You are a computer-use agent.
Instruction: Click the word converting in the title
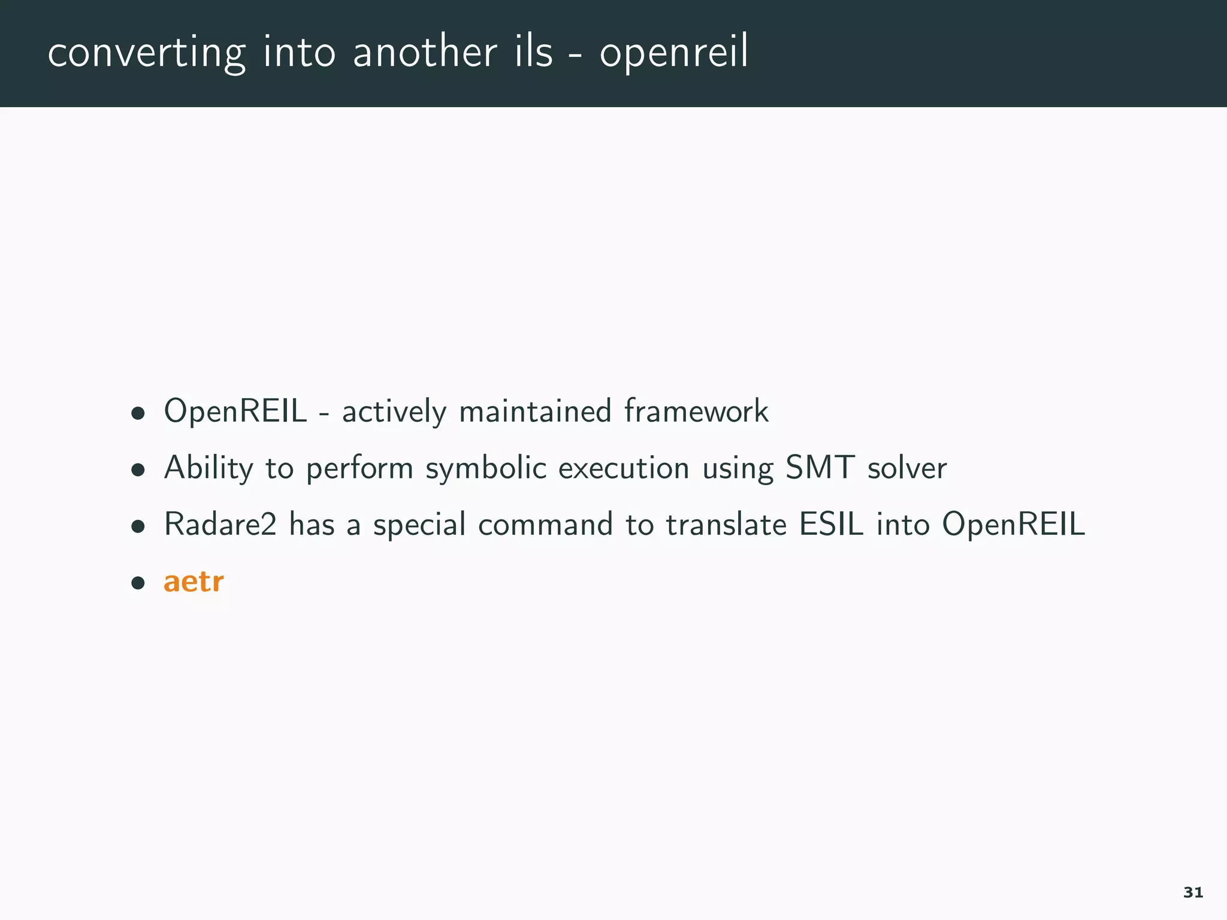tap(146, 53)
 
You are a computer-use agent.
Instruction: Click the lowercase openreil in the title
tap(673, 53)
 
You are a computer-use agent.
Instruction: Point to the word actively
tap(394, 412)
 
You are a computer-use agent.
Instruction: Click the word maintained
tap(534, 411)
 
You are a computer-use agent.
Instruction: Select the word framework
tap(696, 411)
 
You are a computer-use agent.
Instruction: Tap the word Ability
tap(208, 468)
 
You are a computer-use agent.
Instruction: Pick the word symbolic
tap(486, 468)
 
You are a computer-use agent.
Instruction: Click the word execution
tap(624, 468)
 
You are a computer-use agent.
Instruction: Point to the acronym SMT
tap(820, 467)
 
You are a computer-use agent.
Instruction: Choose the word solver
tap(907, 468)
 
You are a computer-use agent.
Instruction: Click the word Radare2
tap(220, 524)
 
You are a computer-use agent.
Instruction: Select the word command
tap(545, 524)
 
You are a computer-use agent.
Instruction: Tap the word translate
tap(726, 524)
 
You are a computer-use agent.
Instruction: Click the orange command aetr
tap(194, 582)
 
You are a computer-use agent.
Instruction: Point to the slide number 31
tap(1193, 892)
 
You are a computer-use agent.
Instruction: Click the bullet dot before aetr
tap(138, 583)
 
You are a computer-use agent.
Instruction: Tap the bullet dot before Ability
tap(138, 470)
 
